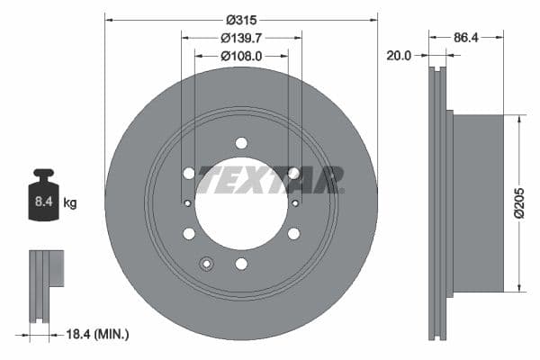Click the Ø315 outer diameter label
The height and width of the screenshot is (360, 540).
[x=241, y=19]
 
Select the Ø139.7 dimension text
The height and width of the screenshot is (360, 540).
[x=241, y=38]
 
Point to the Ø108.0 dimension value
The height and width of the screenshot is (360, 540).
[x=241, y=56]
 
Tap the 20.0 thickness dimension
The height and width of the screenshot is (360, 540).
[x=399, y=55]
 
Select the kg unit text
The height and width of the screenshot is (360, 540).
[x=70, y=203]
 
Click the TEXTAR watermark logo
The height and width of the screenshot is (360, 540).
[x=270, y=179]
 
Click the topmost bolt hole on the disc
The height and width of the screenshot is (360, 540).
[x=241, y=143]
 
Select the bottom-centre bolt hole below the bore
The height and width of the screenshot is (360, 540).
[x=241, y=264]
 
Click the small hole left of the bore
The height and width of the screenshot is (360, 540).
[x=188, y=203]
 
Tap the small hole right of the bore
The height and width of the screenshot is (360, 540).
[x=294, y=203]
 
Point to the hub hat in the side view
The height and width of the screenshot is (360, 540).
[x=477, y=202]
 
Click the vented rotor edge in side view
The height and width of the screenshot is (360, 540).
[x=438, y=202]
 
